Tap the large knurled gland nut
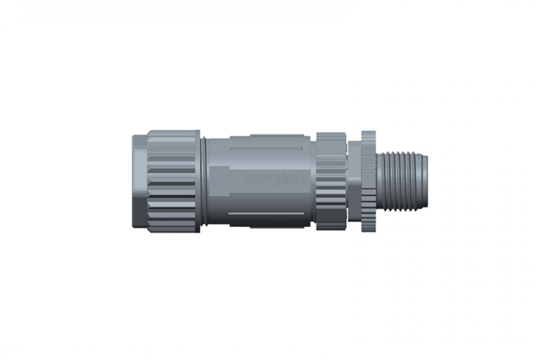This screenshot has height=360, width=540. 173,181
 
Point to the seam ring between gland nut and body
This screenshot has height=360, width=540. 203,181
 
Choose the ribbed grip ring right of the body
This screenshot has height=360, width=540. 330,181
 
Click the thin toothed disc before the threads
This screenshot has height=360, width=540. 368,181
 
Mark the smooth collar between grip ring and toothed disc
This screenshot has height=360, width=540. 354,181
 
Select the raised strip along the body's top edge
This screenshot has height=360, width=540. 277,136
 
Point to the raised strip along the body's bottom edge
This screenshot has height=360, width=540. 277,226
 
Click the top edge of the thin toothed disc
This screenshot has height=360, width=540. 368,132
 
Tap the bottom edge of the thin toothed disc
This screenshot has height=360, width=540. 368,230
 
